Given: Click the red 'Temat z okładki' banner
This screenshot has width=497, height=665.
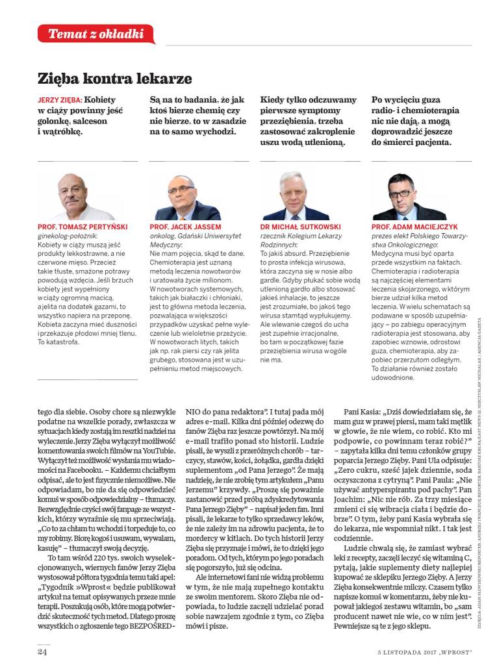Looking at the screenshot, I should pos(96,34).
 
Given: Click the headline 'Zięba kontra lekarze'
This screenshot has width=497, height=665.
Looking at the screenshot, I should pos(115,79).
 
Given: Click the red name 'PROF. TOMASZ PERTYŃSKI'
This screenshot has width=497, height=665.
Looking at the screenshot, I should pos(83,227).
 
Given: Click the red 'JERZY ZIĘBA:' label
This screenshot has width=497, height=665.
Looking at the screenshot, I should pos(60,101).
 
